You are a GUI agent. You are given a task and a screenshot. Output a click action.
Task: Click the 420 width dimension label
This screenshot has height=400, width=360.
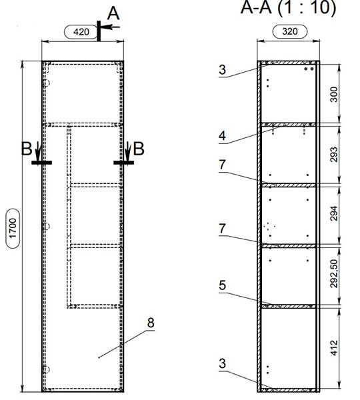point(81,32)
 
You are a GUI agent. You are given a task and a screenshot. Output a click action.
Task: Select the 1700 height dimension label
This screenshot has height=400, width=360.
point(13,228)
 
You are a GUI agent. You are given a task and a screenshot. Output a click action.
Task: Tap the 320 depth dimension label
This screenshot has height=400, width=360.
point(290,31)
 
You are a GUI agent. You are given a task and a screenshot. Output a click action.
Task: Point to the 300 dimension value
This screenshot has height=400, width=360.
point(334,95)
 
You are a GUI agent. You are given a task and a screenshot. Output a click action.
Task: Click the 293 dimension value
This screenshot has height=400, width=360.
point(334,155)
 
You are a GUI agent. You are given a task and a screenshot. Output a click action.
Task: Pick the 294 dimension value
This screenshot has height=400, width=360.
point(334,213)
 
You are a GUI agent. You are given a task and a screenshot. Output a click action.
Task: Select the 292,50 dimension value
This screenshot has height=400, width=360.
point(334,274)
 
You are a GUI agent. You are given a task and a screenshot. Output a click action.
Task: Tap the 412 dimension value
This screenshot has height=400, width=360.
point(334,348)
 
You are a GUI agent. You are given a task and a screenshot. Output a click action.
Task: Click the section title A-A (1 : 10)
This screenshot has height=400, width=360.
point(288,7)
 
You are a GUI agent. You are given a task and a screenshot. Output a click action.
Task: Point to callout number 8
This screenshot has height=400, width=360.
point(151,323)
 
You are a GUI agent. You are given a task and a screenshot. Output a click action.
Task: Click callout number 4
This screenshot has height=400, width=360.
point(222,136)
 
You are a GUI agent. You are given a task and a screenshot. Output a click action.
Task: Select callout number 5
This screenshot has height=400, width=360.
point(222,285)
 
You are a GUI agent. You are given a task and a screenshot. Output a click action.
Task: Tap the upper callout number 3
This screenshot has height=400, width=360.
point(222,69)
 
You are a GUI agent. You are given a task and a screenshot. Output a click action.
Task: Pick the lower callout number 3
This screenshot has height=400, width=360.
point(222,363)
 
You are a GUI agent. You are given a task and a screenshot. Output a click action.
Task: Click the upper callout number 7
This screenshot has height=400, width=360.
point(222,165)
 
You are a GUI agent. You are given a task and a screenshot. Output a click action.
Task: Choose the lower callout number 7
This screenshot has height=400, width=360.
point(222,229)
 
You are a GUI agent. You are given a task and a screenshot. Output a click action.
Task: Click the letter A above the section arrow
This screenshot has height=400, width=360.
point(113,13)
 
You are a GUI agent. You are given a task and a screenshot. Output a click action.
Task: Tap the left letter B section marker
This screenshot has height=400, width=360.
point(27,149)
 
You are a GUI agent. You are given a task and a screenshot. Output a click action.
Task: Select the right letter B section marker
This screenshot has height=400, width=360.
point(139,149)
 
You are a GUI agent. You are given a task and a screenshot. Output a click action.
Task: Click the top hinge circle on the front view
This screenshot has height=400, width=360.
point(46,83)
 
